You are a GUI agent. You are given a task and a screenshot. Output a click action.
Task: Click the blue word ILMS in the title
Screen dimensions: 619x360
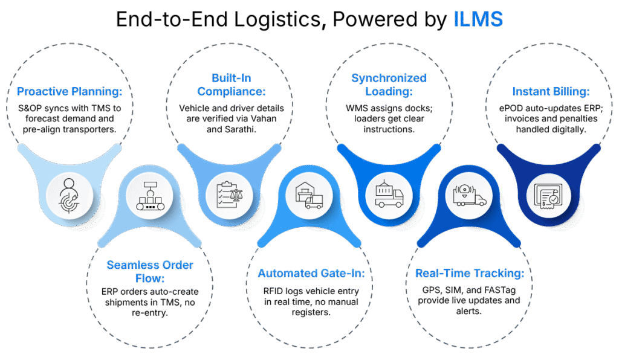478,19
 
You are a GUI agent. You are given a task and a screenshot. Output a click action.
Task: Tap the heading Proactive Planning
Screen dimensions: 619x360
70,91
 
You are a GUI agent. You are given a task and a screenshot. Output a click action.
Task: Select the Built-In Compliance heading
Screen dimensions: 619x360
232,85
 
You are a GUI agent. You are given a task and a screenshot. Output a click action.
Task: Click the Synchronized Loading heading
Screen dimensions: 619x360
389,85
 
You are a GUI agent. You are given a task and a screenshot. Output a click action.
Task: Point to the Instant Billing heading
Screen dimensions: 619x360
551,91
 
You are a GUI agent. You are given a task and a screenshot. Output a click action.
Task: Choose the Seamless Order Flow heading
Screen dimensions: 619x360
150,272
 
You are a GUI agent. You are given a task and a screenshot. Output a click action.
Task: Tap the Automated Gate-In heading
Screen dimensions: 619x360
311,273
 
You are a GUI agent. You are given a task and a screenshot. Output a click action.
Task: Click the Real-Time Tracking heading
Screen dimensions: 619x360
470,273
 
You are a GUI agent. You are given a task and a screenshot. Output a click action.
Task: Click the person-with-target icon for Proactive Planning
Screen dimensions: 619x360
69,196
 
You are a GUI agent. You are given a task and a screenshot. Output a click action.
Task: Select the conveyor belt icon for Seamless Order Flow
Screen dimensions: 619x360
150,196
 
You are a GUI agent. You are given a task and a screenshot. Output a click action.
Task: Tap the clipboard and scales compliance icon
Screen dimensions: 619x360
230,194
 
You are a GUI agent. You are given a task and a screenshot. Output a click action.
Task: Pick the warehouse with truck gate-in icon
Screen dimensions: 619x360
309,195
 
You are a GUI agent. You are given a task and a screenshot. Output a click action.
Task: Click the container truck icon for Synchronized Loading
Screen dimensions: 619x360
389,194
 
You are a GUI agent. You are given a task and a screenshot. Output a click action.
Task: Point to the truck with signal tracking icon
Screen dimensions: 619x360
469,194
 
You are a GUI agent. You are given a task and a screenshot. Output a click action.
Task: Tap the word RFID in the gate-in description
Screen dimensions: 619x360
273,291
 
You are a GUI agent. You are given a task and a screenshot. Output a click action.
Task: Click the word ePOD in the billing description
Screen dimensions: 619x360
509,109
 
